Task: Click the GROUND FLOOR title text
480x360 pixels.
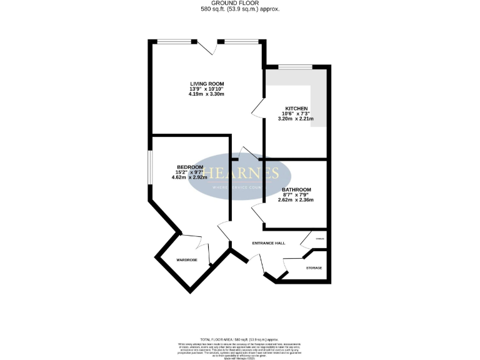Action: [x=240, y=3]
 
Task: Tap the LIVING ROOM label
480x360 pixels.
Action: [x=207, y=84]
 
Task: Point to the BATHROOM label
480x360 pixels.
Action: [x=296, y=189]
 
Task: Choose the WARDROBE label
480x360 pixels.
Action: [x=187, y=259]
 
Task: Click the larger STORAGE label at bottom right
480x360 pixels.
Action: [x=314, y=268]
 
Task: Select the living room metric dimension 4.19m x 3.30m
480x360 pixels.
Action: [x=207, y=94]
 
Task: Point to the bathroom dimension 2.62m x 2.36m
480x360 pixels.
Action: [x=296, y=200]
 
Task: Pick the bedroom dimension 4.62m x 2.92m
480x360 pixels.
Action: [x=189, y=177]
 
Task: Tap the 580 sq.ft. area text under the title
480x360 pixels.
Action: [x=240, y=10]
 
